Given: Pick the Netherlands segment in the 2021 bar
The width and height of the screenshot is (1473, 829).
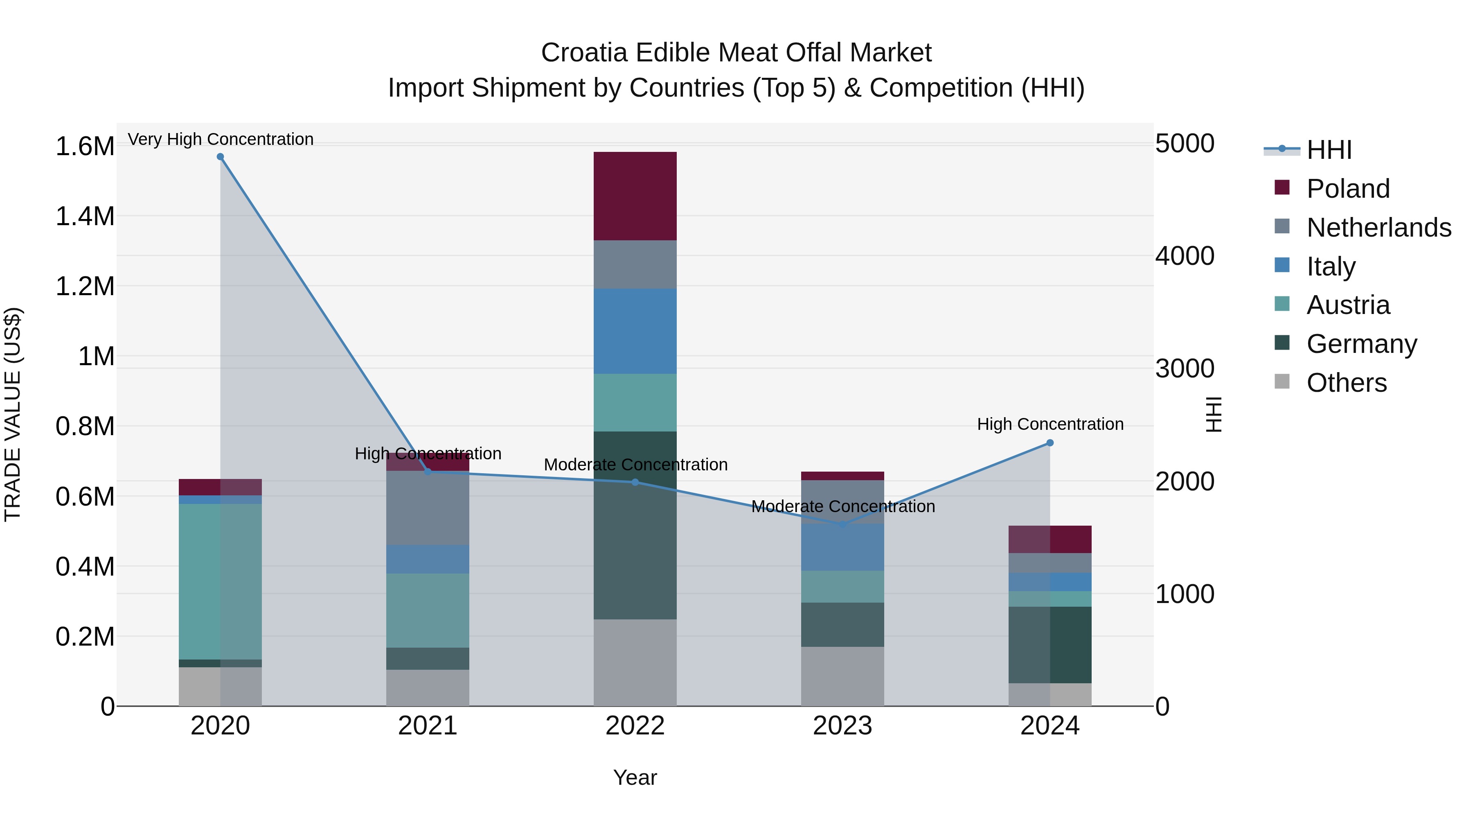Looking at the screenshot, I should [x=428, y=508].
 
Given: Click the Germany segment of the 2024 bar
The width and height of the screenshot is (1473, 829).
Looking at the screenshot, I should [x=1050, y=644].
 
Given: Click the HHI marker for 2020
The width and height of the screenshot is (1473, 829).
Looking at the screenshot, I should [x=220, y=157].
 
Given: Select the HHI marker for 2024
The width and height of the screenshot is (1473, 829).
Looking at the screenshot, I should [x=1050, y=443].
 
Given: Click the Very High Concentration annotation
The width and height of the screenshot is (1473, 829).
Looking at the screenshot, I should [x=220, y=139].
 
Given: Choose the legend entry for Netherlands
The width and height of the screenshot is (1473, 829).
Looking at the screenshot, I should [x=1378, y=227].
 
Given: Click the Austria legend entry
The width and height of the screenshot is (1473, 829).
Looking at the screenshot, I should [x=1348, y=305].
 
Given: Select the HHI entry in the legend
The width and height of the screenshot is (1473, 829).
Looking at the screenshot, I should [x=1329, y=150].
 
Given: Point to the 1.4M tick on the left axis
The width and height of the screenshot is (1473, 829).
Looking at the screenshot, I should [x=85, y=216].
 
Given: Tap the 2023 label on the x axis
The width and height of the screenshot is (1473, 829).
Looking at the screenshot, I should [x=842, y=726].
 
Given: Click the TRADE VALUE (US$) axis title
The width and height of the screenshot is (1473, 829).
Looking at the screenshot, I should [x=13, y=414].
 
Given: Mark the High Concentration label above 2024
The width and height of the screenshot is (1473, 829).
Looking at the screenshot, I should [x=1050, y=424].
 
